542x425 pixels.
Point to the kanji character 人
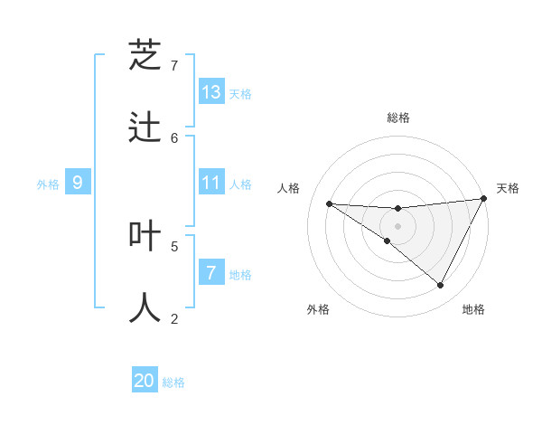pos(145,307)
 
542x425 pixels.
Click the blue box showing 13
pos(211,91)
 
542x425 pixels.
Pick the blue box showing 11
pos(211,183)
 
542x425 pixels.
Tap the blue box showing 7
pos(211,272)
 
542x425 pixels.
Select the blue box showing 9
pos(78,183)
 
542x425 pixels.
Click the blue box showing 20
pos(145,381)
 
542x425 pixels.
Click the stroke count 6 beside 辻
pos(174,137)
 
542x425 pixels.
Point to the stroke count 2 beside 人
pos(174,318)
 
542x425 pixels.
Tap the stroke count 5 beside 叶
pos(174,245)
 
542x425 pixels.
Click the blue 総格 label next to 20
pos(173,382)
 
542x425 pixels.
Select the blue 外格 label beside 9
pos(48,184)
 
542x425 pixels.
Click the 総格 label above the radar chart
pos(398,118)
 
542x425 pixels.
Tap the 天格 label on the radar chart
pos(508,188)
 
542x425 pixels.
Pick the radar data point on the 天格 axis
pos(484,199)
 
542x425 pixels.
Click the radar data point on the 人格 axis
pos(329,203)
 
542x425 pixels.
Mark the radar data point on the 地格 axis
pos(441,286)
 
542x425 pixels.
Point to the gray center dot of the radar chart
pos(398,226)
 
